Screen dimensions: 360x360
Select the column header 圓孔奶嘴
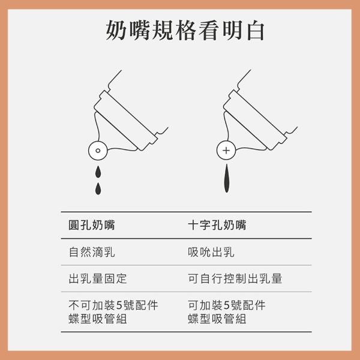pyautogui.click(x=91, y=226)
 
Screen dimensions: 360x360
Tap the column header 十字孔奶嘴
pyautogui.click(x=216, y=226)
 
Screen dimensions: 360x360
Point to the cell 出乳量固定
pyautogui.click(x=97, y=279)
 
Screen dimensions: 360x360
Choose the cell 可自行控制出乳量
pyautogui.click(x=235, y=279)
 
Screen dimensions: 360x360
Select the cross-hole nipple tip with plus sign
pyautogui.click(x=226, y=151)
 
